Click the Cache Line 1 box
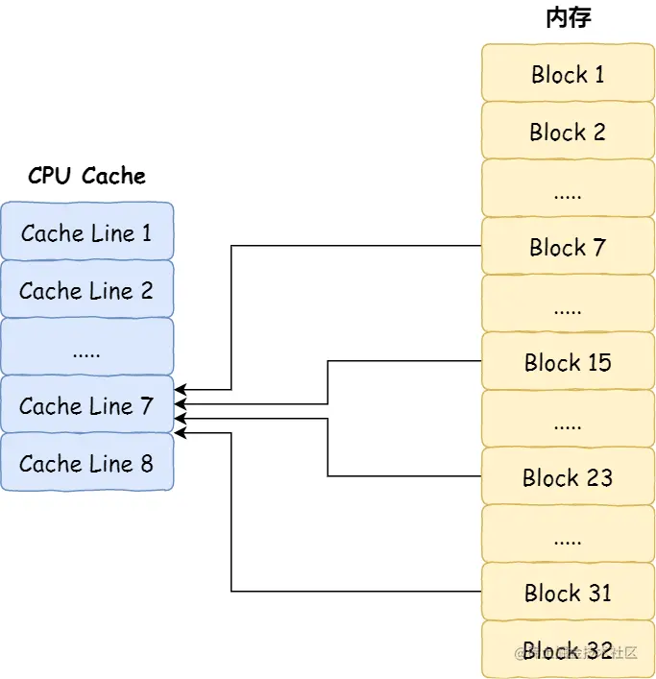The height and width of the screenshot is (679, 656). [86, 232]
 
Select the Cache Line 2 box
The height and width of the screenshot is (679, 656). [86, 290]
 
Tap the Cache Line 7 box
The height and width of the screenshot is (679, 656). [86, 405]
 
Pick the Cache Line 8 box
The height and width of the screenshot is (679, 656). [86, 463]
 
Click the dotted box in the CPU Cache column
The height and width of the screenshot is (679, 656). [86, 348]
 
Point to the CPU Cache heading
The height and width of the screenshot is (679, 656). [86, 176]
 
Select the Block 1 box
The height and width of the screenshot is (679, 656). [567, 74]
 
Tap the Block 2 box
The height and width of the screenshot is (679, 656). [567, 132]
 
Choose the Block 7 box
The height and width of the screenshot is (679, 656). [567, 247]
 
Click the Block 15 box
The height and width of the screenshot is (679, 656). [567, 362]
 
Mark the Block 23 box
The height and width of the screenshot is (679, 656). [567, 477]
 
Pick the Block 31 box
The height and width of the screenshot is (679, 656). [567, 593]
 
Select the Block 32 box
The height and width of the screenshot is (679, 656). [567, 649]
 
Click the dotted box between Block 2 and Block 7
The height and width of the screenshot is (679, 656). [567, 189]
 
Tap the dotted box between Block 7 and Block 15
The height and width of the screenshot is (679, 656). [567, 304]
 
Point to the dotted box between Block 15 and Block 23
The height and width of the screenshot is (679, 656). [567, 420]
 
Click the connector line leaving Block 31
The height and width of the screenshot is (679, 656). [355, 591]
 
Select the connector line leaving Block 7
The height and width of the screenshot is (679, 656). [355, 246]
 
